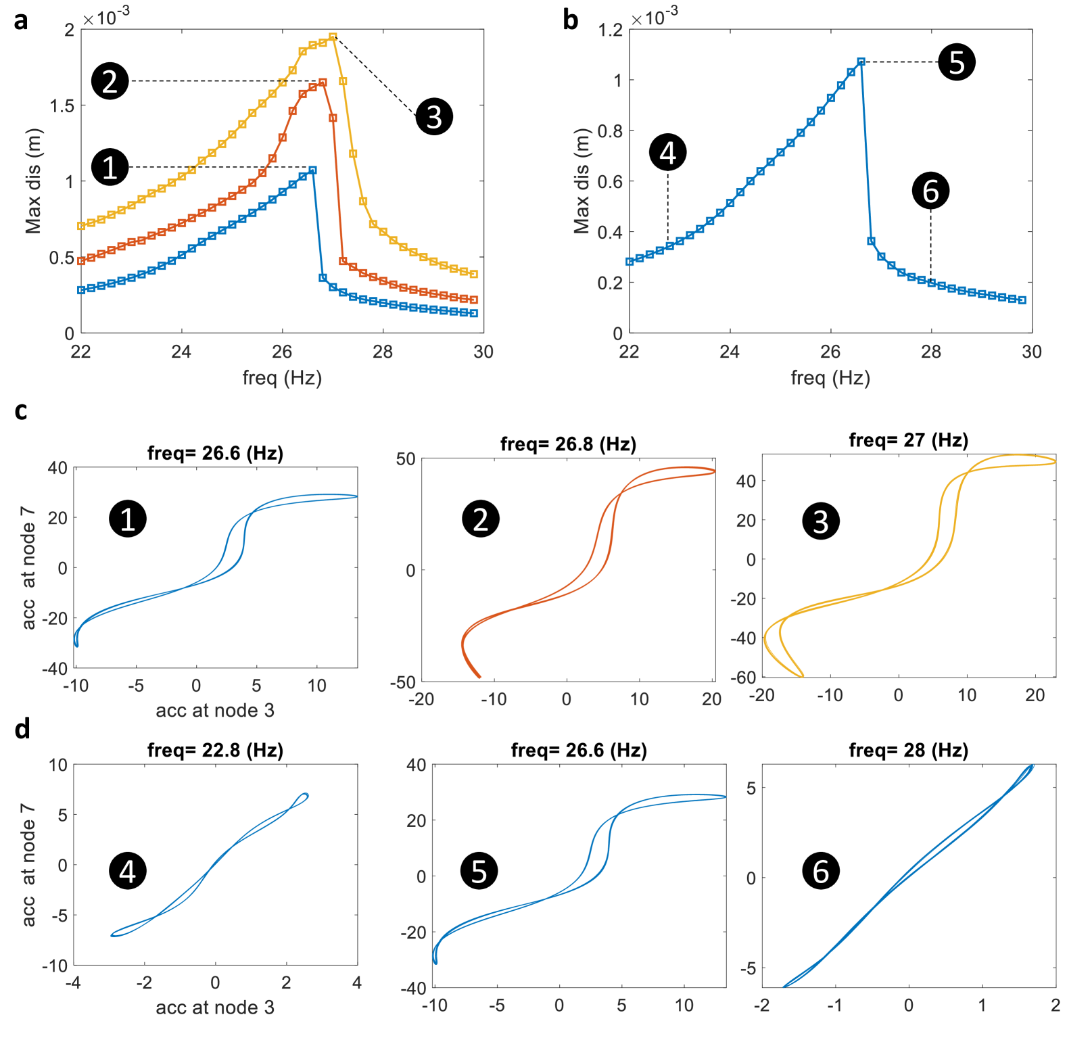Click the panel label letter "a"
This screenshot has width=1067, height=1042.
(21, 20)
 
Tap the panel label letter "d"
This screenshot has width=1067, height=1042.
(22, 729)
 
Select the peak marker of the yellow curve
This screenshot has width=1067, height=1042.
(333, 37)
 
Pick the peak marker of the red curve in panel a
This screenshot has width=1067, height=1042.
(323, 82)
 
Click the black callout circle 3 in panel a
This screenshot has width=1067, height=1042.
(434, 116)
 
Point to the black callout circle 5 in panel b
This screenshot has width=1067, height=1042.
(957, 62)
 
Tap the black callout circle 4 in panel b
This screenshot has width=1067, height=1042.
(667, 152)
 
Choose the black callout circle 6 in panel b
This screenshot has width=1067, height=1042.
(930, 191)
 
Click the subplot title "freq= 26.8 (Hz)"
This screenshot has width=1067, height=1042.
(568, 444)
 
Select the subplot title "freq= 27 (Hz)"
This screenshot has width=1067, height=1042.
(908, 440)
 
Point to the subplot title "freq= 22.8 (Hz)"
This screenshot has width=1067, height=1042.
(215, 751)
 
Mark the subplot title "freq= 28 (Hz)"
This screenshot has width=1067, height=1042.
(908, 751)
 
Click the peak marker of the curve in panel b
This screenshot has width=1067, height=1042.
(861, 62)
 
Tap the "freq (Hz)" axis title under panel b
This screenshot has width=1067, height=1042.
(830, 377)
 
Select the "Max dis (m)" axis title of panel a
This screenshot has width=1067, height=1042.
(33, 181)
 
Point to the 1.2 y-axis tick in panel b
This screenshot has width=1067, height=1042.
(610, 30)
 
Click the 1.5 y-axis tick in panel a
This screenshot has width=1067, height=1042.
(62, 105)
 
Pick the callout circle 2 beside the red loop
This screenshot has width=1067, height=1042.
(480, 519)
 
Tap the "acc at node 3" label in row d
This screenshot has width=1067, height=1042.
(215, 1008)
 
